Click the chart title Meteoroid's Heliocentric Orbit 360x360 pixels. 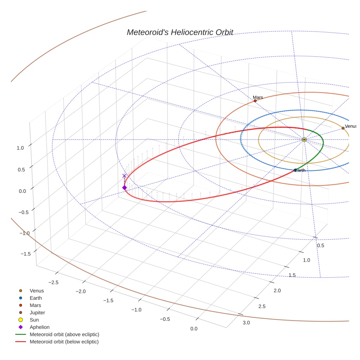180,32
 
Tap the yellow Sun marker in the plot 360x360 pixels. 304,139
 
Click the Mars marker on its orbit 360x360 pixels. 255,101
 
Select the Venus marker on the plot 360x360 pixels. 343,128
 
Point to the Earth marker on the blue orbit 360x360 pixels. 295,170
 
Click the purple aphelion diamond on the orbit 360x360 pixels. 124,188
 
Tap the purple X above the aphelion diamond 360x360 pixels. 124,176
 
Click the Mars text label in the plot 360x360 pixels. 258,97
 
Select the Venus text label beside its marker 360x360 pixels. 350,126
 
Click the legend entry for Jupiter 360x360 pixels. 37,312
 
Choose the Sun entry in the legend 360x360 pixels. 34,320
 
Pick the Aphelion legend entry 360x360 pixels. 40,327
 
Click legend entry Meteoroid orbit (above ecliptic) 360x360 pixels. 64,334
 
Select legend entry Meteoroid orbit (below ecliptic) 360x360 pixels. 64,342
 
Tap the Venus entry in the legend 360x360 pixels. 37,291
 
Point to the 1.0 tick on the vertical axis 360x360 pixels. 20,148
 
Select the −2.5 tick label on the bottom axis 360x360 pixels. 53,282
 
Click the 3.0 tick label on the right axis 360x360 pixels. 246,322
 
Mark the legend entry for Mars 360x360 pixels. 35,305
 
